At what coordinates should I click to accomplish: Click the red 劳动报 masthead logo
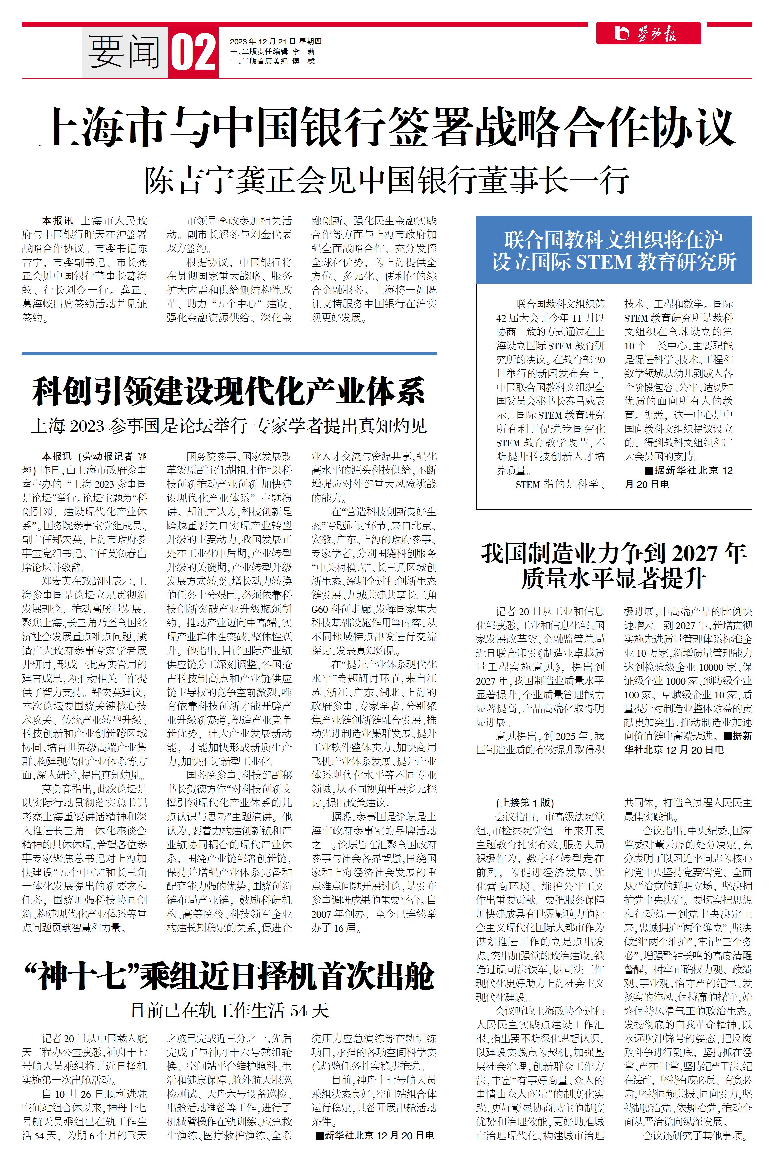click(647, 34)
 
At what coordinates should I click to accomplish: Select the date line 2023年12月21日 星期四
click(275, 42)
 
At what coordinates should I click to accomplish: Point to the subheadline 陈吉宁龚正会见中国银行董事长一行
click(387, 181)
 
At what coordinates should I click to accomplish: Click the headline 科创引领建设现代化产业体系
click(229, 392)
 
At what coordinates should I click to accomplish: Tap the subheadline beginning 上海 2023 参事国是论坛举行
click(229, 426)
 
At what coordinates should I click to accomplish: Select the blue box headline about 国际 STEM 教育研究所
click(614, 251)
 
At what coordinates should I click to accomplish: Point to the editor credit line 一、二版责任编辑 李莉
click(272, 51)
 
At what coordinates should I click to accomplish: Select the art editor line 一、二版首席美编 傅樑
click(272, 61)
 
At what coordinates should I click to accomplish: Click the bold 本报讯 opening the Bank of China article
click(57, 221)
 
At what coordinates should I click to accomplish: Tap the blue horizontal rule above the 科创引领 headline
click(229, 354)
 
